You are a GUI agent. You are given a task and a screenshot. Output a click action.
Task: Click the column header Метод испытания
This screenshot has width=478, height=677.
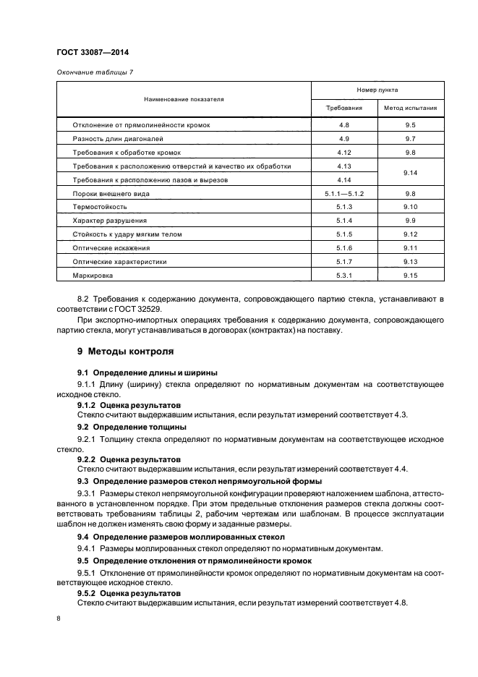pos(410,108)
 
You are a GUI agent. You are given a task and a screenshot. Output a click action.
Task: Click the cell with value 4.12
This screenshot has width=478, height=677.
pos(343,153)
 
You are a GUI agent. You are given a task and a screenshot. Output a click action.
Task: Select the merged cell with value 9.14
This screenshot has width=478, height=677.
pos(410,173)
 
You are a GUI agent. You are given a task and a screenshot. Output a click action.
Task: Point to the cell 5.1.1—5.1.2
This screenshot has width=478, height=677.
pos(343,194)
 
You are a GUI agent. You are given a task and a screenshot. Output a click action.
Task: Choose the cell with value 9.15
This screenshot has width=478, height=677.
pos(410,276)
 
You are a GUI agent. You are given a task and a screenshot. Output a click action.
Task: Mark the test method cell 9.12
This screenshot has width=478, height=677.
pos(410,234)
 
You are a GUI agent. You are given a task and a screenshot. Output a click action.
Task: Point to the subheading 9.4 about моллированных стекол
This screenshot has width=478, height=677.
pos(181,537)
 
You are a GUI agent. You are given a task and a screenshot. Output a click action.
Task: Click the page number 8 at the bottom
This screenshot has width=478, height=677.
pos(59,619)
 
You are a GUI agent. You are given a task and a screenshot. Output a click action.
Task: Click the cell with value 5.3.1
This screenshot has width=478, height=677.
pos(343,276)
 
